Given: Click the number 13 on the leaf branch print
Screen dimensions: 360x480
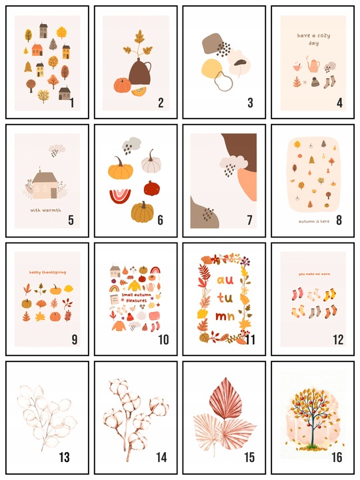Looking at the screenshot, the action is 64,457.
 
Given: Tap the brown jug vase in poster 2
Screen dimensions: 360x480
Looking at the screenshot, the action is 139,72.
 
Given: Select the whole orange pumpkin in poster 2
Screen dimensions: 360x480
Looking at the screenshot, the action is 123,85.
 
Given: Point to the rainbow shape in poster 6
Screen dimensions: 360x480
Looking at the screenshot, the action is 120,196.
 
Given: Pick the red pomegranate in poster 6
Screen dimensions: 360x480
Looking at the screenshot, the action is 153,188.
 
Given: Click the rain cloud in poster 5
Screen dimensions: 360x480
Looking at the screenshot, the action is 57,150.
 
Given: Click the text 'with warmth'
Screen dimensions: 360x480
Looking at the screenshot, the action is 45,210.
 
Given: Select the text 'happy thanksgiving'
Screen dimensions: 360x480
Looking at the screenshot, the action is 47,272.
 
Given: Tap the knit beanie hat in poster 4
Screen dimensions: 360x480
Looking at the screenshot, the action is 315,82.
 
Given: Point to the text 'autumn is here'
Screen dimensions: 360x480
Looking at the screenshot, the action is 314,221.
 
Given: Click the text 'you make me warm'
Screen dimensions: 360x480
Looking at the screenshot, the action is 315,274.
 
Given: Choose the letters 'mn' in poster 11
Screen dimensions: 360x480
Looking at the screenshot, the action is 225,316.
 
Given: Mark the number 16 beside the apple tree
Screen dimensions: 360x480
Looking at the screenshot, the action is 337,457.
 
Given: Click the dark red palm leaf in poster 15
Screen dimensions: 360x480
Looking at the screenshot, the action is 222,397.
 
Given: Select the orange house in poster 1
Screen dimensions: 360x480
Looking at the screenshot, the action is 37,50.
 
